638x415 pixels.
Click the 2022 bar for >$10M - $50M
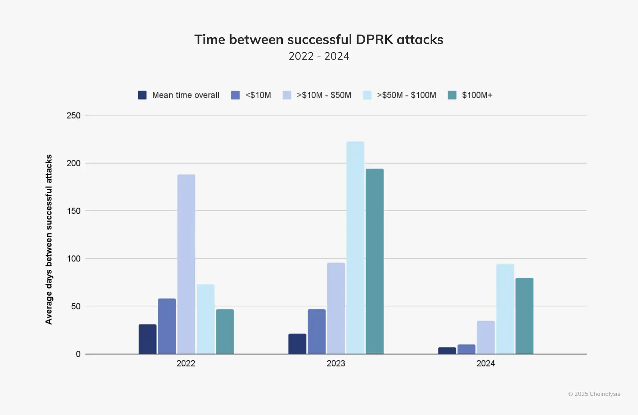pyautogui.click(x=186, y=264)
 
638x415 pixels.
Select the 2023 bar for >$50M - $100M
pyautogui.click(x=355, y=247)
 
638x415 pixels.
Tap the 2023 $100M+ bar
pyautogui.click(x=374, y=261)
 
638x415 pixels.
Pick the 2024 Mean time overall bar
pyautogui.click(x=447, y=350)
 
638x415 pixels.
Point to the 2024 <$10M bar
pyautogui.click(x=466, y=349)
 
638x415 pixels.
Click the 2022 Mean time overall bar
pyautogui.click(x=147, y=339)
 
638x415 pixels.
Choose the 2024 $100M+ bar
pyautogui.click(x=524, y=316)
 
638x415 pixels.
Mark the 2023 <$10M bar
pyautogui.click(x=316, y=332)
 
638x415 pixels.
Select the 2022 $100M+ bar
pyautogui.click(x=225, y=332)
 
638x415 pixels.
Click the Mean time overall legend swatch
pyautogui.click(x=142, y=95)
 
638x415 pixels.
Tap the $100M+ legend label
pyautogui.click(x=477, y=95)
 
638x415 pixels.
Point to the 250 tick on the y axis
pyautogui.click(x=73, y=115)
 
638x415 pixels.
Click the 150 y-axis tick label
pyautogui.click(x=73, y=211)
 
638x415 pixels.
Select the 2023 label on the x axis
pyautogui.click(x=336, y=363)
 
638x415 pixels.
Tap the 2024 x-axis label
pyautogui.click(x=485, y=363)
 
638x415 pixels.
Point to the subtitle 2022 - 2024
pyautogui.click(x=319, y=56)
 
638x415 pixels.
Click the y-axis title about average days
pyautogui.click(x=49, y=239)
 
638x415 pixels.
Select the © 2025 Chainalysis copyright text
pyautogui.click(x=594, y=394)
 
